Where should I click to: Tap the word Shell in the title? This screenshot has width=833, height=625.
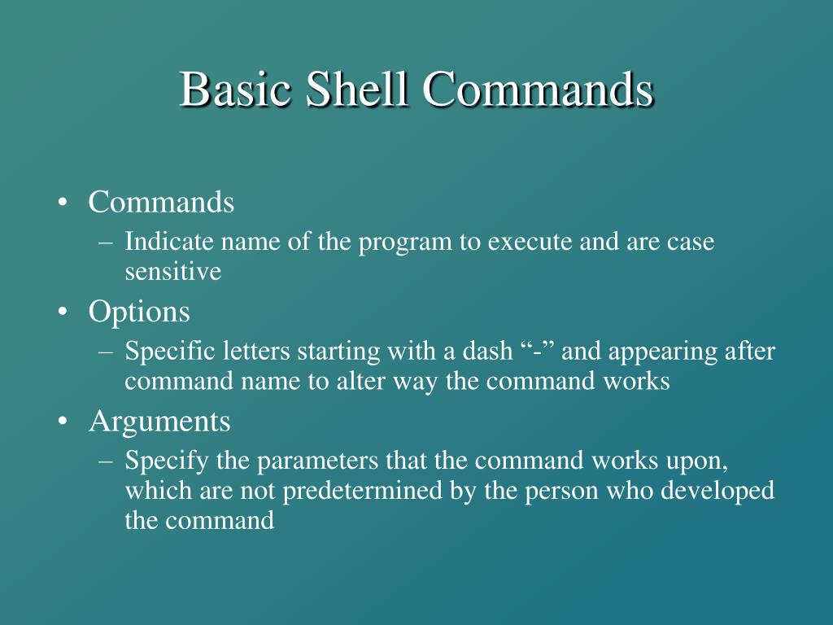pyautogui.click(x=356, y=90)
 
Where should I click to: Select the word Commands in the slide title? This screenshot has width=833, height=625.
pyautogui.click(x=537, y=90)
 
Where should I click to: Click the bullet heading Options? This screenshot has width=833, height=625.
pyautogui.click(x=139, y=312)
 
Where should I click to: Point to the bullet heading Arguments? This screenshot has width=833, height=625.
pyautogui.click(x=159, y=422)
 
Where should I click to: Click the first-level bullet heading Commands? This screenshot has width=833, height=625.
pyautogui.click(x=161, y=202)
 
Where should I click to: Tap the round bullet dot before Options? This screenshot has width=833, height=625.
pyautogui.click(x=63, y=312)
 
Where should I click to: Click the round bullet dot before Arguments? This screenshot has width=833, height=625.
pyautogui.click(x=63, y=422)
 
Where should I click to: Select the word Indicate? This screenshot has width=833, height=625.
pyautogui.click(x=158, y=243)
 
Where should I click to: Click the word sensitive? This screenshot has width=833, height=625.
pyautogui.click(x=172, y=271)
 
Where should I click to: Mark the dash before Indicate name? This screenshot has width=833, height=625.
pyautogui.click(x=107, y=243)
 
